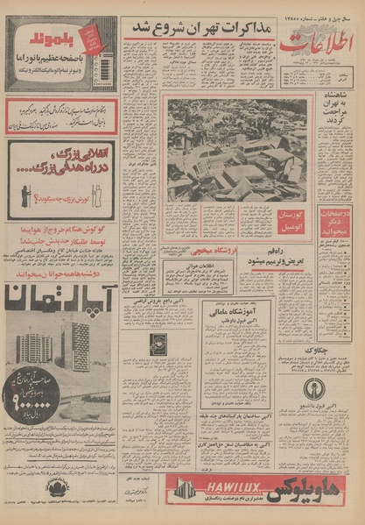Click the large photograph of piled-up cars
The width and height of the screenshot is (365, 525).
click(237, 148)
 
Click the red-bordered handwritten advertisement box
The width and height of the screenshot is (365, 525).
click(62, 115)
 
